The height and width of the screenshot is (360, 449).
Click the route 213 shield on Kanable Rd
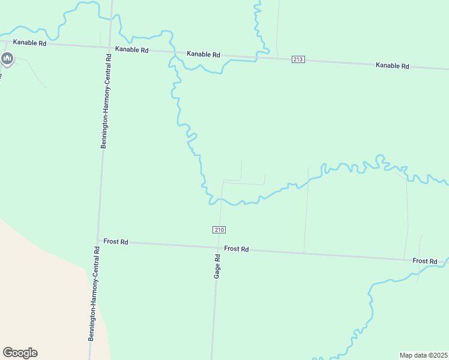click(x=299, y=59)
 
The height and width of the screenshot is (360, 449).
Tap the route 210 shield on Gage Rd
click(x=219, y=230)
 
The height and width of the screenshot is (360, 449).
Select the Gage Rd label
click(x=217, y=266)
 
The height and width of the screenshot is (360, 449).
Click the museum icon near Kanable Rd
click(x=7, y=58)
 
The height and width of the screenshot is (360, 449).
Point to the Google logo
click(x=20, y=353)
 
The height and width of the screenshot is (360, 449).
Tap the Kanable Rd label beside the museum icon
click(x=30, y=43)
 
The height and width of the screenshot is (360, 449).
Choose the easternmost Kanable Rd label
click(x=392, y=65)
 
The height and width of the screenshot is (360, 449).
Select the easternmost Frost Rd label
click(x=424, y=261)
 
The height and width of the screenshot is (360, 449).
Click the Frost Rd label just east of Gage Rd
click(x=237, y=248)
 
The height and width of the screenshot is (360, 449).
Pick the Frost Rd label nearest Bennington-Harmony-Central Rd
click(x=116, y=241)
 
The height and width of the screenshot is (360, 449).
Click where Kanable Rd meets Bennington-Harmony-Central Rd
click(x=110, y=47)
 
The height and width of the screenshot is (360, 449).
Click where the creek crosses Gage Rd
click(x=220, y=201)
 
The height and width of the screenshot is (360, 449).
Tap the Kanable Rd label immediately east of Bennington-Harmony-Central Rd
click(x=131, y=50)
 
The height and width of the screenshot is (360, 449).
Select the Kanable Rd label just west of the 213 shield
click(x=203, y=54)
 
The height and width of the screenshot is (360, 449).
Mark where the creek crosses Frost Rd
click(x=446, y=262)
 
